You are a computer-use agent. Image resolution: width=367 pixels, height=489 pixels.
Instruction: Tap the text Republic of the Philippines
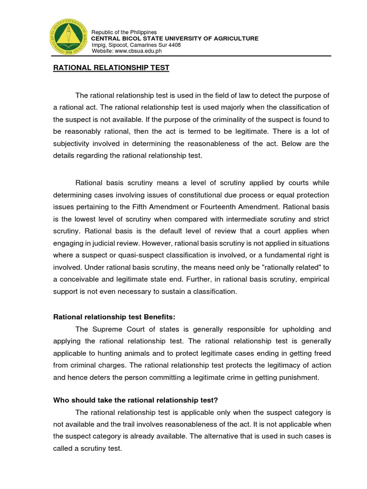click(124, 32)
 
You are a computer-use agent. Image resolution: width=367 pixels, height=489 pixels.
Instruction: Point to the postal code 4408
click(174, 44)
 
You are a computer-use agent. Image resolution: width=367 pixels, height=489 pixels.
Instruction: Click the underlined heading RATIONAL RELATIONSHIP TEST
click(111, 68)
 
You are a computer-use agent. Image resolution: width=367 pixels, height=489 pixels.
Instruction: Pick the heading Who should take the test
click(138, 399)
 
